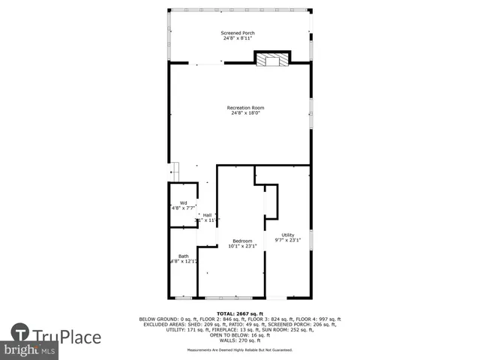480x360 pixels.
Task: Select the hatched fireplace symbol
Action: point(271,59)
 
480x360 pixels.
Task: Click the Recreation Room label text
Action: point(246,108)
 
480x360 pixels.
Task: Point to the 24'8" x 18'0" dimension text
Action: point(246,113)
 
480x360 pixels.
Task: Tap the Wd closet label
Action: point(183,202)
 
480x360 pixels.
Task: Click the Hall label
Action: point(207,215)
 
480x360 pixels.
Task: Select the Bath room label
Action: point(183,256)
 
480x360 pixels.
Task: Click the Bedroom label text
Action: point(242,241)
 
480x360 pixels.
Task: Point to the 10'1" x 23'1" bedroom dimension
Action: point(242,246)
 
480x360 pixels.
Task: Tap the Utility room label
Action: point(288,235)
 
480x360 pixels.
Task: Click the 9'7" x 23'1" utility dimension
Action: point(288,240)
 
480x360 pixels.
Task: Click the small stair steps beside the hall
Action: point(175,170)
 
